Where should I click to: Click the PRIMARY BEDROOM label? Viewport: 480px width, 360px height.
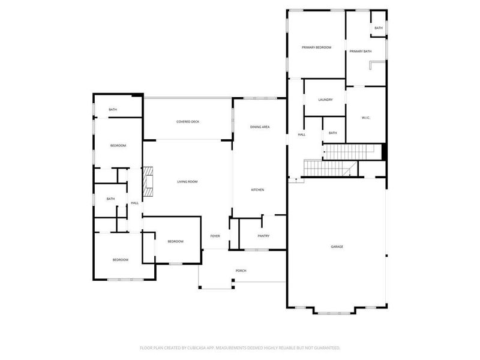(x=316, y=47)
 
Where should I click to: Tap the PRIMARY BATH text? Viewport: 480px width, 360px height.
(x=361, y=52)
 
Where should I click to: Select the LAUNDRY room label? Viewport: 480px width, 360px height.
(x=325, y=100)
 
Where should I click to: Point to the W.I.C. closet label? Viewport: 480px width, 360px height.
(x=365, y=118)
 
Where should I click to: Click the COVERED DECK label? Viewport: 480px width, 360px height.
(x=188, y=122)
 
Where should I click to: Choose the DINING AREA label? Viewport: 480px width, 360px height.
(x=260, y=127)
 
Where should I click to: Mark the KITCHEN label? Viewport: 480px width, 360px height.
(x=257, y=190)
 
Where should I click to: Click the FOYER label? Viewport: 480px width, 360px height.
(x=215, y=236)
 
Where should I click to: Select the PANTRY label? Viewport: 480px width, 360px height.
(x=263, y=236)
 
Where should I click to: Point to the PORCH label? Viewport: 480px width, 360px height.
(x=241, y=271)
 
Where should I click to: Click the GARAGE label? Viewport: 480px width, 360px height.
(x=337, y=247)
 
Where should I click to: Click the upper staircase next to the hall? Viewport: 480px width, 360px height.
(x=348, y=151)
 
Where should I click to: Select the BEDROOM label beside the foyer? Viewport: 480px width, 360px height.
(x=175, y=241)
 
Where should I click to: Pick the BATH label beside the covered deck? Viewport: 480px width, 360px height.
(x=112, y=110)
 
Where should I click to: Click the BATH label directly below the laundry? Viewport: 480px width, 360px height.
(x=332, y=133)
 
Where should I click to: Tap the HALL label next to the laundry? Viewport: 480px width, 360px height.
(x=301, y=134)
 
